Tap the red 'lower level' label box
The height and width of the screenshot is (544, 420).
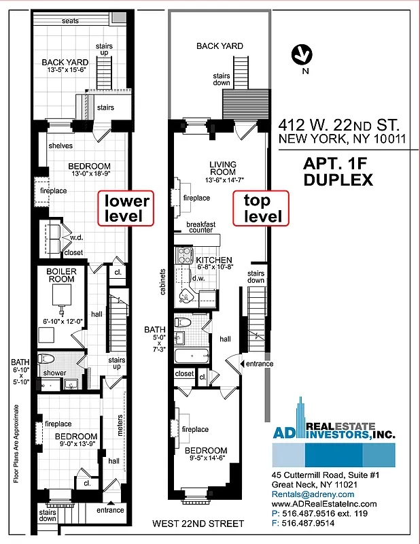click(126, 208)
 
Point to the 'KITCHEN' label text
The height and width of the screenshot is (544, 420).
click(215, 260)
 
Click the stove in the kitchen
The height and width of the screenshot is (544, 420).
click(185, 255)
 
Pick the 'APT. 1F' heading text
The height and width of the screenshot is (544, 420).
click(337, 164)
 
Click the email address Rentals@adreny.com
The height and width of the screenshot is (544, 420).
click(313, 494)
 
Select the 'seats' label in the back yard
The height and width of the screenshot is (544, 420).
click(70, 21)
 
